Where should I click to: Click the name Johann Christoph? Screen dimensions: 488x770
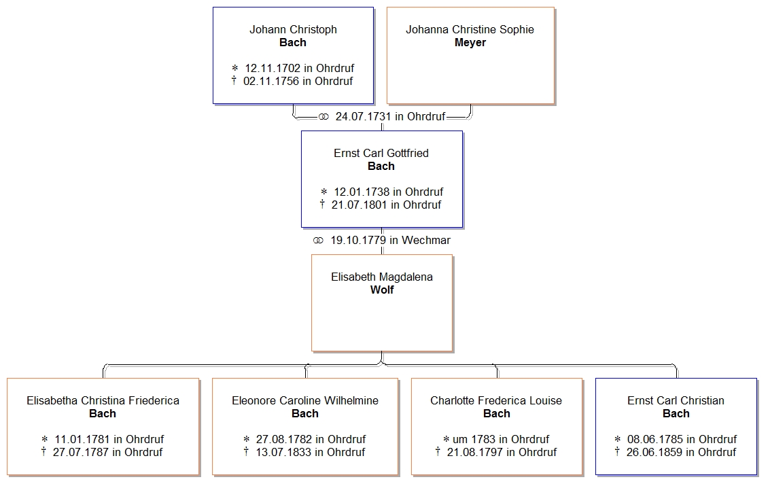coord(293,29)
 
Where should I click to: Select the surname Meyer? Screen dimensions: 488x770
coord(470,42)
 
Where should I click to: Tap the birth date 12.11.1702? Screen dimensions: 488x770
coord(270,68)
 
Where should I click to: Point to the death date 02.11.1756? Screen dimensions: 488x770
coord(268,81)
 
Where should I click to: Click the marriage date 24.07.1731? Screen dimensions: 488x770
coord(363,116)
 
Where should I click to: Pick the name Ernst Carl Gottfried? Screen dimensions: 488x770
coord(381,153)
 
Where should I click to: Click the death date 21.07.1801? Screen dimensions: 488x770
coord(357,205)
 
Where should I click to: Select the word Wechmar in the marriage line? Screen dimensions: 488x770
coord(426,240)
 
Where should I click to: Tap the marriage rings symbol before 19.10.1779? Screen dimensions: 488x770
coord(318,241)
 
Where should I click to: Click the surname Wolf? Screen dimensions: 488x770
coord(382,290)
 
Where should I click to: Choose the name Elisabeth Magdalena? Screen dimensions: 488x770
coord(382,277)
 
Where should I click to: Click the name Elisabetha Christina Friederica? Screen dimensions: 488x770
coord(103,400)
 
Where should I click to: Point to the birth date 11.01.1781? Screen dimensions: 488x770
coord(80,439)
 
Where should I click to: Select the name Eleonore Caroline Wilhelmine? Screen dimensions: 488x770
coord(305,400)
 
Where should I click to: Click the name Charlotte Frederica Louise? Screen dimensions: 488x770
coord(496,400)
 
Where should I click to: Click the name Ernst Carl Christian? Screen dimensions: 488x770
coord(676,400)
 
